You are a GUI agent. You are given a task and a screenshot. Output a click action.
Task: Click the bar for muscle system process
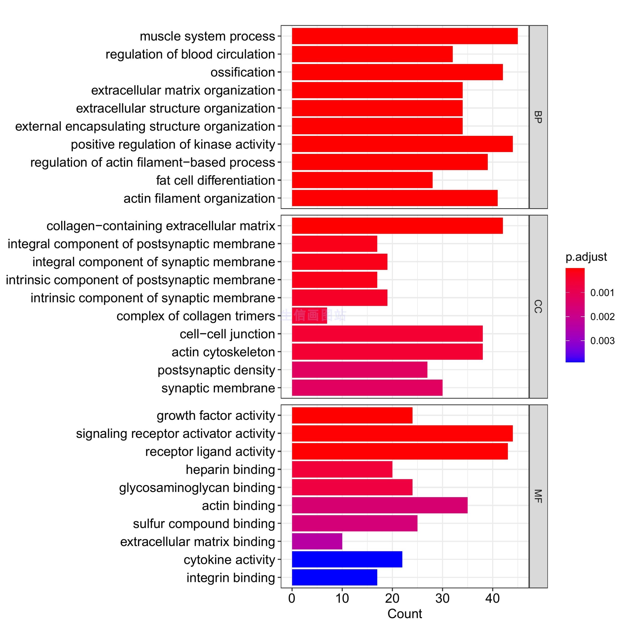pyautogui.click(x=404, y=36)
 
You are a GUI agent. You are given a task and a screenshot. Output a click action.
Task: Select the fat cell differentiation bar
pyautogui.click(x=362, y=180)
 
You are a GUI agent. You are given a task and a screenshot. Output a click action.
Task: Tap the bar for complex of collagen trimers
pyautogui.click(x=309, y=315)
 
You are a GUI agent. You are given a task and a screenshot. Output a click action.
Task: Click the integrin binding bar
pyautogui.click(x=334, y=577)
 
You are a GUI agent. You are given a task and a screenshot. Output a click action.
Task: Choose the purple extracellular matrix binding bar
pyautogui.click(x=317, y=541)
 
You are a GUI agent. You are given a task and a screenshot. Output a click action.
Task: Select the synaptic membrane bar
pyautogui.click(x=367, y=388)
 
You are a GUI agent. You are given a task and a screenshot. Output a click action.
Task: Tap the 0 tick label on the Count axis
pyautogui.click(x=292, y=598)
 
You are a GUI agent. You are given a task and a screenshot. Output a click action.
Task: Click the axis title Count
pyautogui.click(x=404, y=614)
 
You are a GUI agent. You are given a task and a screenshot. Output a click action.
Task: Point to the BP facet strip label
pyautogui.click(x=538, y=117)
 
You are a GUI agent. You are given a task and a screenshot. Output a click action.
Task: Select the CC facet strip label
pyautogui.click(x=538, y=306)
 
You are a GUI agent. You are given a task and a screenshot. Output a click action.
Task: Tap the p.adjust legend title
pyautogui.click(x=586, y=257)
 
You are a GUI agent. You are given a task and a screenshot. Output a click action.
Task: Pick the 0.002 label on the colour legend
pyautogui.click(x=602, y=317)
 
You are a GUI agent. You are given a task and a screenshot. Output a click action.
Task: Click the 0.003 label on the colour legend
pyautogui.click(x=602, y=341)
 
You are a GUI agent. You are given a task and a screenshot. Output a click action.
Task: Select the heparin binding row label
pyautogui.click(x=230, y=470)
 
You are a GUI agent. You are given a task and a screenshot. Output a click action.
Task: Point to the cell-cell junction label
pyautogui.click(x=227, y=334)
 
